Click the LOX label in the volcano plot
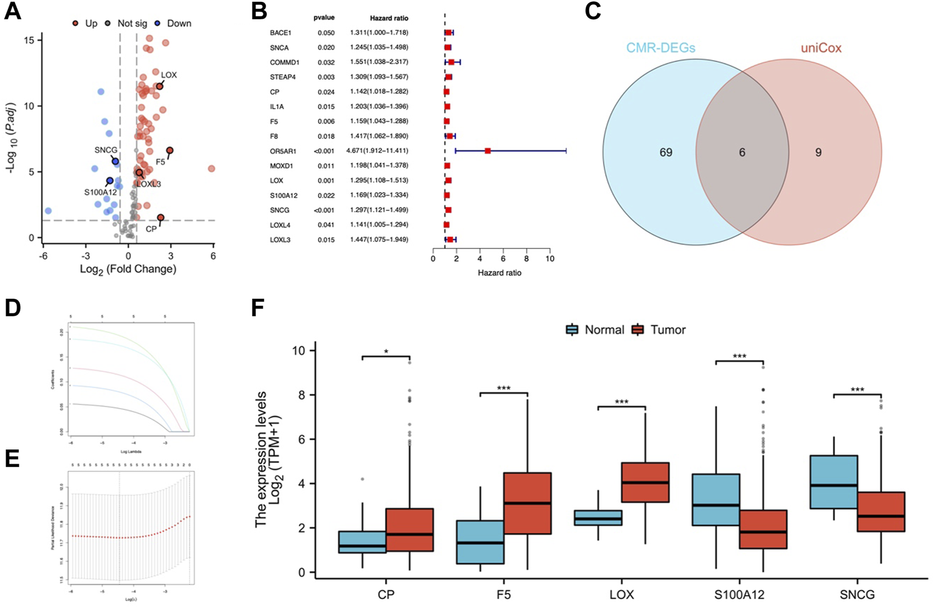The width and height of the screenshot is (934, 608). click(169, 75)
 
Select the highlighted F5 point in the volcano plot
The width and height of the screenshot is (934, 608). click(169, 151)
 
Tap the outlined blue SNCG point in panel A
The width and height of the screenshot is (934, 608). click(116, 161)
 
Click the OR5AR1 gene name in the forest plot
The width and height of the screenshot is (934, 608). click(283, 151)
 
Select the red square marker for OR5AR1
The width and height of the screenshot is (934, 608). click(488, 151)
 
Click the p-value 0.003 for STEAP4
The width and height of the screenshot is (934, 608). click(326, 77)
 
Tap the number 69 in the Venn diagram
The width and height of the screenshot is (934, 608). click(666, 153)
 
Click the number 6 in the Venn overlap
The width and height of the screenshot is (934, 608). click(742, 153)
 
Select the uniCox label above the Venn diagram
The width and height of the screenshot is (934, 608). click(821, 49)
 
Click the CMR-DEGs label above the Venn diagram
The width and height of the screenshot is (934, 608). click(661, 49)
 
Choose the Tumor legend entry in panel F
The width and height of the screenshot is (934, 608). click(668, 330)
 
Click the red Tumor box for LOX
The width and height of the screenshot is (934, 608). click(645, 482)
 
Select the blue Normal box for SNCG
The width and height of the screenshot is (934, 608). click(834, 482)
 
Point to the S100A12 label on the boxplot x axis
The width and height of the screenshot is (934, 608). click(739, 595)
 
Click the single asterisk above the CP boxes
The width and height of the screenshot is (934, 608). click(386, 352)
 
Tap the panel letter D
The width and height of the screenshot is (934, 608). click(12, 308)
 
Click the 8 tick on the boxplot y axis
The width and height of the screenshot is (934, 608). click(301, 395)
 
